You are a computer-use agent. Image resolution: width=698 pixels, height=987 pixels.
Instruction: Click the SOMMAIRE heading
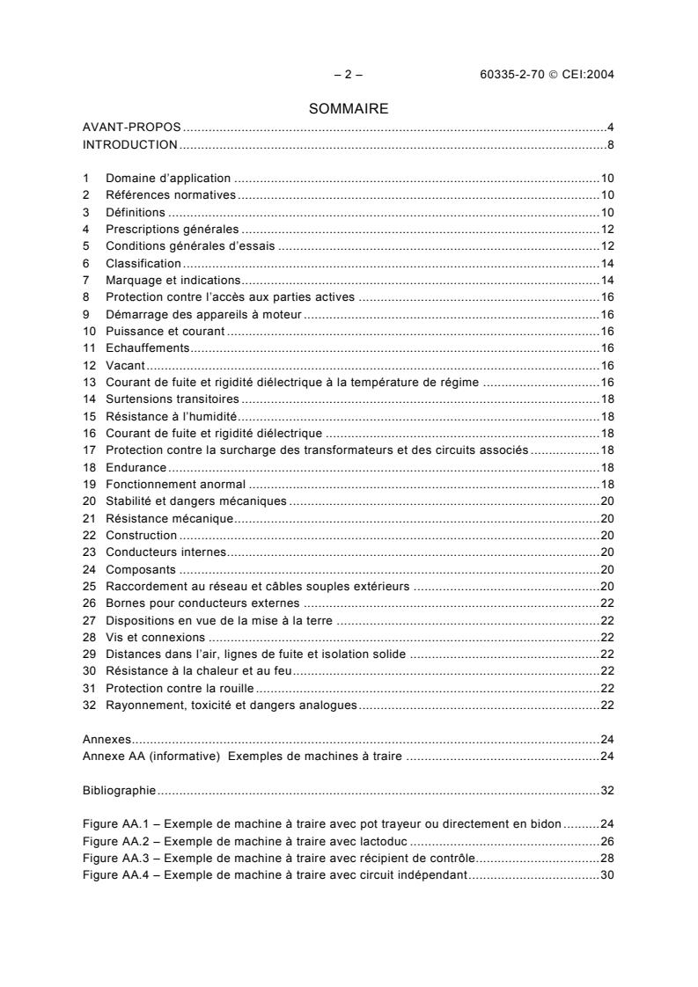(349, 109)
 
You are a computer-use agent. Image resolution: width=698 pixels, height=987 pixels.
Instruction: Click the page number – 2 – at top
(349, 75)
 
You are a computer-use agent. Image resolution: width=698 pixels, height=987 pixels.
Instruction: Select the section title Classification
(143, 263)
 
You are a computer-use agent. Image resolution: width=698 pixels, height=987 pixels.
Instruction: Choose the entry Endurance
(136, 467)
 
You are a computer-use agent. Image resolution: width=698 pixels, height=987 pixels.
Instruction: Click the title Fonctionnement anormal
(176, 485)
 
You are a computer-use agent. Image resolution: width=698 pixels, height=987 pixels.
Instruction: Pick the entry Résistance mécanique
(169, 518)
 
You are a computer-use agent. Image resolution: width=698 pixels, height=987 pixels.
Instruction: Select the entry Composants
(138, 569)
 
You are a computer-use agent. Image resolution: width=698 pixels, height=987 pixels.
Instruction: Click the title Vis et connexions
(155, 638)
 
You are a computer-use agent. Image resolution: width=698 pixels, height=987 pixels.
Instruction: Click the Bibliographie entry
(120, 791)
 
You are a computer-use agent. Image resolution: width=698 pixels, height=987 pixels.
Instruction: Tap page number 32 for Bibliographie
(606, 791)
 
